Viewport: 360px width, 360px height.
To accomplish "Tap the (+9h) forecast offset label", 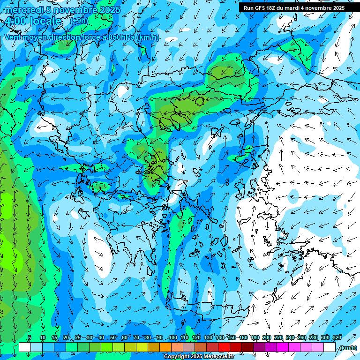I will pyautogui.click(x=78, y=21).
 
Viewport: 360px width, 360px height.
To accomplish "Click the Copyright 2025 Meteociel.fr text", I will pyautogui.click(x=199, y=357).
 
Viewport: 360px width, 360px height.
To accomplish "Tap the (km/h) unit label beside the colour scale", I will pyautogui.click(x=347, y=348).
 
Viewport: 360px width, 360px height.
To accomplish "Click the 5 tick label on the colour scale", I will pyautogui.click(x=30, y=337).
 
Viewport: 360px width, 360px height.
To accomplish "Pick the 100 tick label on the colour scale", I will pyautogui.click(x=172, y=337).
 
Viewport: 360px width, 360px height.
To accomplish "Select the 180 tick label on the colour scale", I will pyautogui.click(x=255, y=337).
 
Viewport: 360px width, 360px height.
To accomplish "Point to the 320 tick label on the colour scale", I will pyautogui.click(x=337, y=337).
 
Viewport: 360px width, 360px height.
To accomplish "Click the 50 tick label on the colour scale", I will pyautogui.click(x=113, y=337).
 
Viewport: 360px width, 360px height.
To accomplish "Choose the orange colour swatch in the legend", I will pyautogui.click(x=165, y=347).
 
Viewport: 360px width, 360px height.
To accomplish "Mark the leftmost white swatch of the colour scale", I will pyautogui.click(x=25, y=347).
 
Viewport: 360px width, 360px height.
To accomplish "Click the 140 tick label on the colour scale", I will pyautogui.click(x=220, y=337).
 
